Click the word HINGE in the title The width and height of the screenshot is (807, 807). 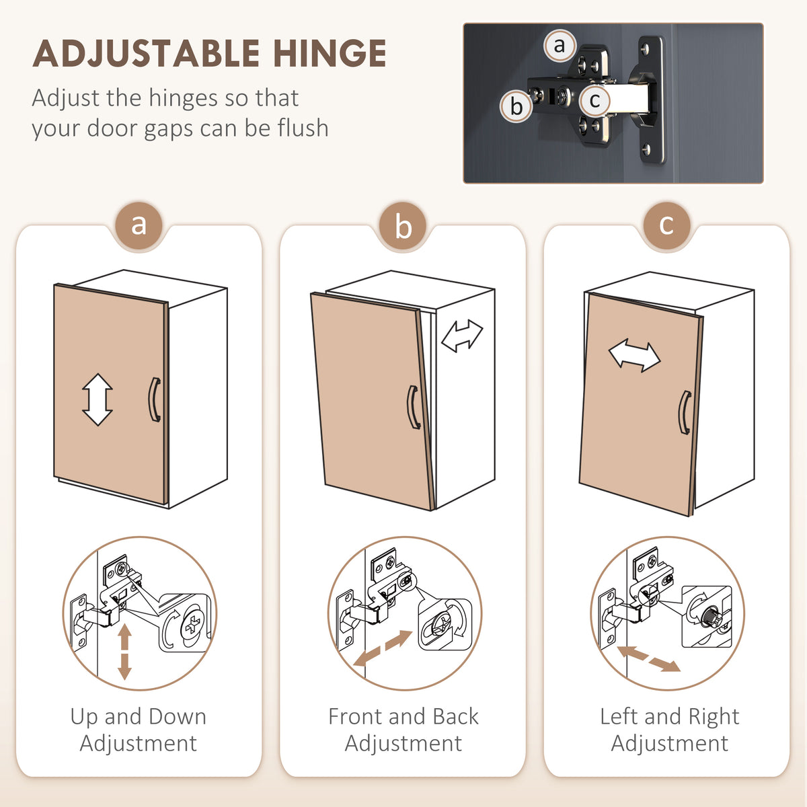point(330,53)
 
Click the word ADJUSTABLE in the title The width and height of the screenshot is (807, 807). point(146,53)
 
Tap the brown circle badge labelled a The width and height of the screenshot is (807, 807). point(139,226)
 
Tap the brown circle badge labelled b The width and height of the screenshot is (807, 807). point(403,226)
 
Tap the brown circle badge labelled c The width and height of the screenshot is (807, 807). point(666,226)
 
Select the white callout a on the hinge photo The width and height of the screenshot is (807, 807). point(560,46)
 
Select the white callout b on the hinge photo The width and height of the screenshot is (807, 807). point(516,106)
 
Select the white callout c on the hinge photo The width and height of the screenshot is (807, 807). point(594,100)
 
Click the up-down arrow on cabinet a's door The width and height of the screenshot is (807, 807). point(98,399)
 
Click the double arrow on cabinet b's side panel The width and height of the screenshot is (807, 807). point(462,336)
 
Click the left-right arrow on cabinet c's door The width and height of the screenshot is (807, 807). point(634,356)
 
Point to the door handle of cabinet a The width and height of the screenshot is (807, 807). point(155,399)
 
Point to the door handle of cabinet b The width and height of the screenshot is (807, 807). point(414,407)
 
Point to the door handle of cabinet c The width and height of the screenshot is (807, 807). point(685,412)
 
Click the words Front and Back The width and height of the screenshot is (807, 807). point(403,716)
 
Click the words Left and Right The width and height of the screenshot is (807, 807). point(670,716)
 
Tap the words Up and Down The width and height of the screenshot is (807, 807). point(139,716)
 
